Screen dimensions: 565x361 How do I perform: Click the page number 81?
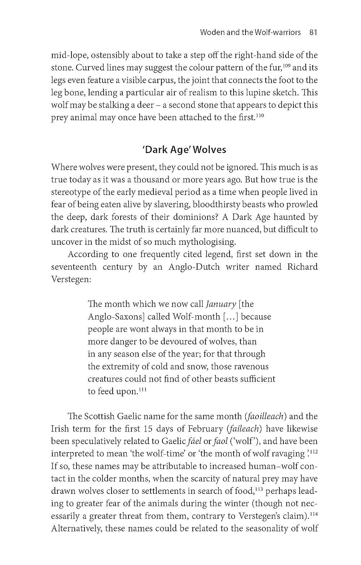pyautogui.click(x=313, y=32)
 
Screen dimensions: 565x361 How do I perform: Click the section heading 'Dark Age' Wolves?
pyautogui.click(x=184, y=149)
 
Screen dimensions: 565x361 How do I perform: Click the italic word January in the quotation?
pyautogui.click(x=221, y=304)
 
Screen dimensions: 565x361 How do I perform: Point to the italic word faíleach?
pyautogui.click(x=244, y=429)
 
